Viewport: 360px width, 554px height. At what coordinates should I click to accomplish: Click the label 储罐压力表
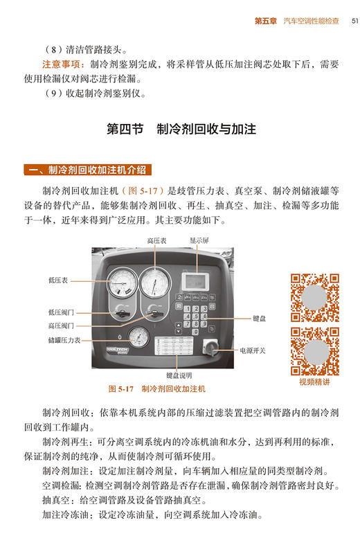pyautogui.click(x=64, y=340)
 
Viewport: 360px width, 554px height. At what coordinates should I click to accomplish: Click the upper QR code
pyautogui.click(x=314, y=298)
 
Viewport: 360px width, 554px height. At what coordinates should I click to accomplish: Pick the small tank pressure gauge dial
pyautogui.click(x=138, y=339)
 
